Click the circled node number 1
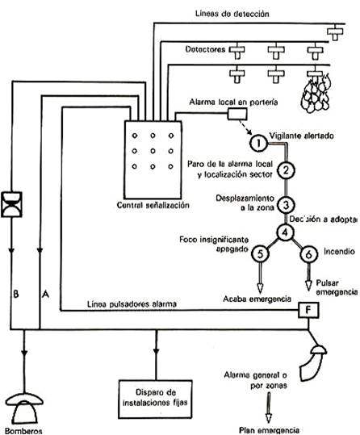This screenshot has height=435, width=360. pyautogui.click(x=257, y=143)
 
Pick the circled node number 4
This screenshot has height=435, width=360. pyautogui.click(x=284, y=232)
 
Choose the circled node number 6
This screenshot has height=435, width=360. pyautogui.click(x=310, y=253)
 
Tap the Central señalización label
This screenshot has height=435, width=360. pyautogui.click(x=153, y=206)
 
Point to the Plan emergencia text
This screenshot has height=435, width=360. pyautogui.click(x=272, y=429)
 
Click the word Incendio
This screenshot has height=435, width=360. pyautogui.click(x=337, y=253)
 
